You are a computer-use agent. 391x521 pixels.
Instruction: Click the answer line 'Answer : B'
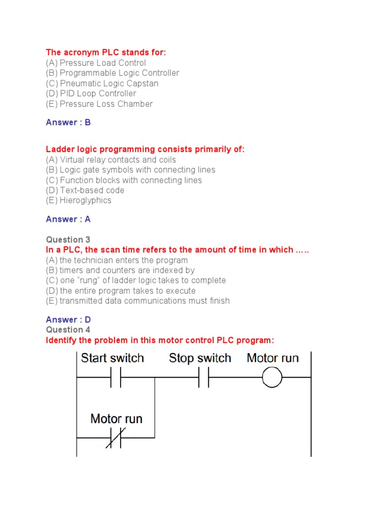pyautogui.click(x=68, y=123)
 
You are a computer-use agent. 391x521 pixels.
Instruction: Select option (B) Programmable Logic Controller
pyautogui.click(x=113, y=73)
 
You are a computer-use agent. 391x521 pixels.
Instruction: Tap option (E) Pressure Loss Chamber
pyautogui.click(x=99, y=104)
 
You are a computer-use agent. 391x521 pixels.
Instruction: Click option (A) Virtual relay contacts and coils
pyautogui.click(x=111, y=160)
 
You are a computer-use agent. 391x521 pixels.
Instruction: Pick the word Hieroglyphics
pyautogui.click(x=86, y=200)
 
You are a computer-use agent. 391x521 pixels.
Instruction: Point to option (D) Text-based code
pyautogui.click(x=85, y=190)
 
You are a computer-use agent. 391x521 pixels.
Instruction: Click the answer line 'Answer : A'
pyautogui.click(x=68, y=219)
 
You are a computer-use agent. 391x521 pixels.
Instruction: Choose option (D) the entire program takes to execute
pyautogui.click(x=121, y=291)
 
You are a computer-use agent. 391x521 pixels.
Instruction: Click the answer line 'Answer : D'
pyautogui.click(x=68, y=320)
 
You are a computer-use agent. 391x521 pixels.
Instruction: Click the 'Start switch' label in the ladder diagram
pyautogui.click(x=113, y=358)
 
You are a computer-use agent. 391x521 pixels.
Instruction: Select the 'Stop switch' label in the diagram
pyautogui.click(x=200, y=358)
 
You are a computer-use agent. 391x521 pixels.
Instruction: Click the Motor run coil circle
pyautogui.click(x=272, y=378)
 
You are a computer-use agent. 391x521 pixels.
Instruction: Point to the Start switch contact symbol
pyautogui.click(x=116, y=378)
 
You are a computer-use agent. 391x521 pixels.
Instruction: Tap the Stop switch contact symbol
pyautogui.click(x=203, y=378)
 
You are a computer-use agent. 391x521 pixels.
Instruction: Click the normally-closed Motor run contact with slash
pyautogui.click(x=116, y=438)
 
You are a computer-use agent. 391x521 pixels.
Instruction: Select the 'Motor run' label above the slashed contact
pyautogui.click(x=116, y=419)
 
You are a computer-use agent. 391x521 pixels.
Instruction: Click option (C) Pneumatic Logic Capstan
pyautogui.click(x=102, y=83)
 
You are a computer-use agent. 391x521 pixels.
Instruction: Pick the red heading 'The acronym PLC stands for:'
pyautogui.click(x=106, y=52)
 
